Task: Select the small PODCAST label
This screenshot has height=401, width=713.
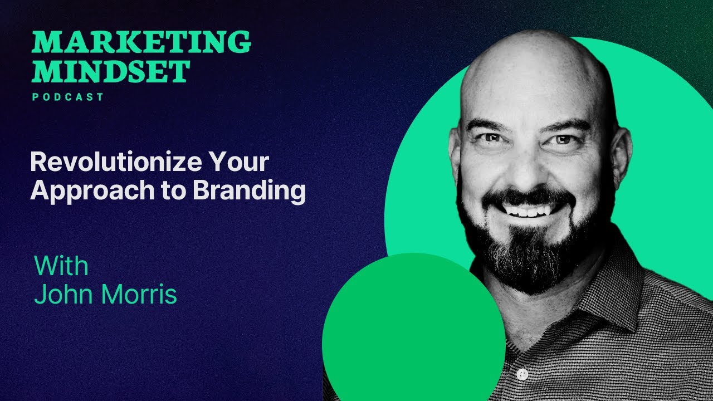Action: (68, 97)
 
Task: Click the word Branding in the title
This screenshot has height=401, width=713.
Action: (249, 191)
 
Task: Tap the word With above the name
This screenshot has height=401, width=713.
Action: (61, 266)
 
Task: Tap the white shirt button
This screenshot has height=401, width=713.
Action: (522, 374)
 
